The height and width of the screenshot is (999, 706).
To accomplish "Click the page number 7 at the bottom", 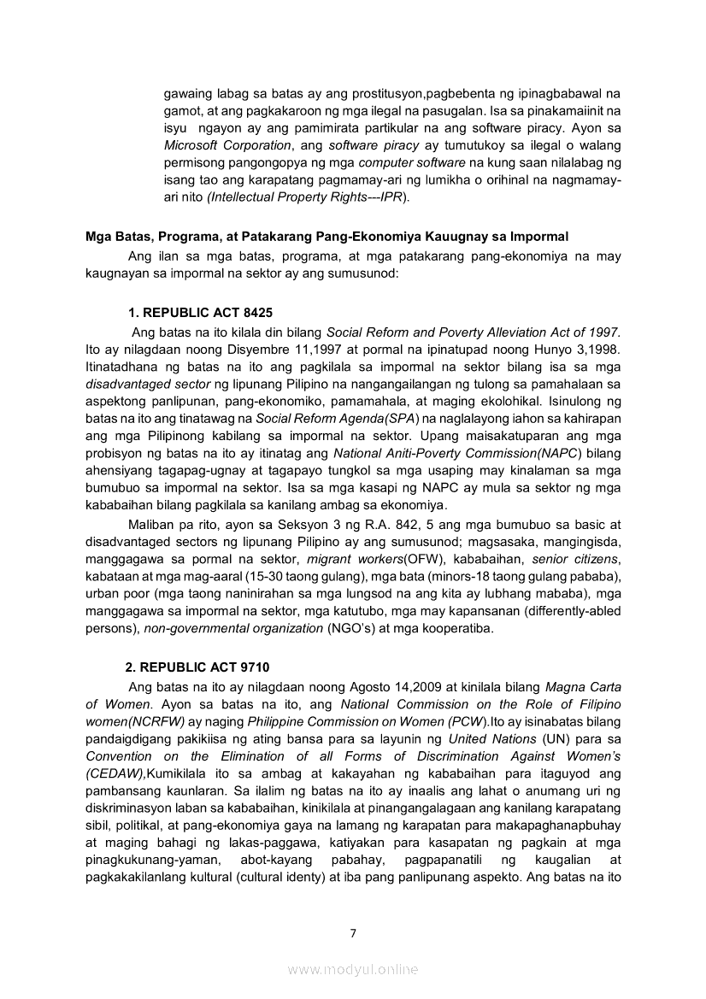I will (x=352, y=932).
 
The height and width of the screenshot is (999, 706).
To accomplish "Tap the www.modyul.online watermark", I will (x=352, y=969).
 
